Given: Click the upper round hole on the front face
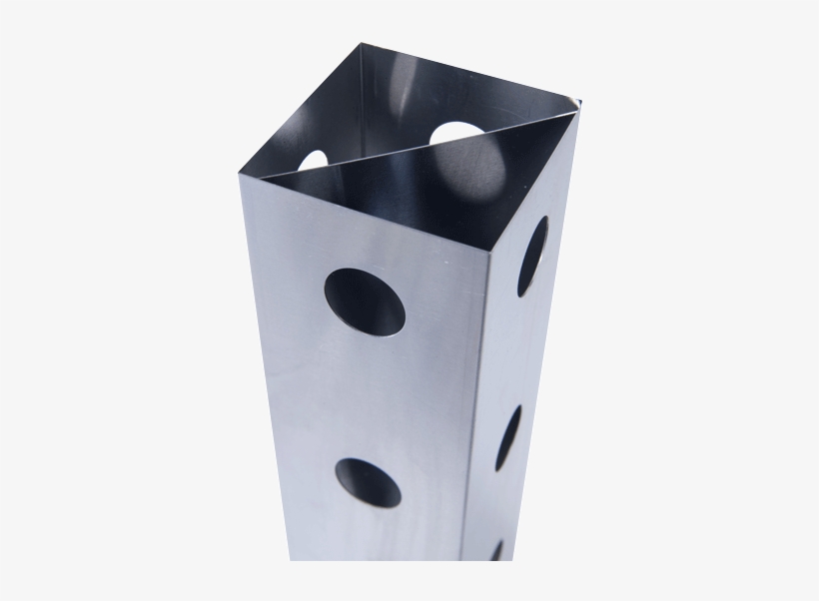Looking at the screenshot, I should pos(366,301).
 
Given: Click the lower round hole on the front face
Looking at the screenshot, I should pos(368,482).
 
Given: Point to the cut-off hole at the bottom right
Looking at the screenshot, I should pos(496,550).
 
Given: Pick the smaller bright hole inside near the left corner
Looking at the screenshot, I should pos(314,160).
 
